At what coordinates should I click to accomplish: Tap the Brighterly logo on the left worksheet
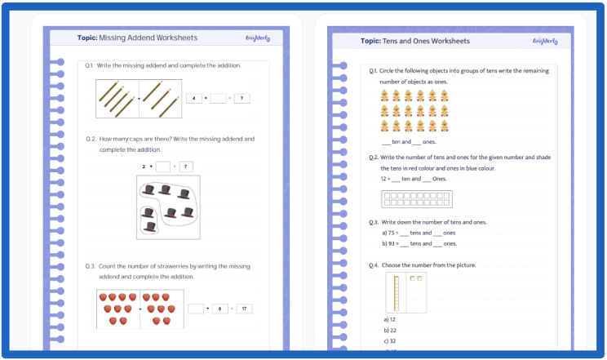(257, 38)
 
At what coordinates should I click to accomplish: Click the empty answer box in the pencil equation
(218, 99)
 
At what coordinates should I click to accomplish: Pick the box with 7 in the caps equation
(186, 167)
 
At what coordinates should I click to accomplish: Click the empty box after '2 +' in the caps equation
(162, 167)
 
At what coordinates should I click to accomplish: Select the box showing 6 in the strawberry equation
(219, 309)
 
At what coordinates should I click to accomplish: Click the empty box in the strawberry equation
(195, 309)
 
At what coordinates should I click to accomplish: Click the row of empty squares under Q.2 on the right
(416, 198)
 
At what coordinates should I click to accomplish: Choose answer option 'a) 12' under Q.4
(390, 319)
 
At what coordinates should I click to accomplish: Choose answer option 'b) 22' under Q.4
(390, 331)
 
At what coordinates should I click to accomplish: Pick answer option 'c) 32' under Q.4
(390, 341)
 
